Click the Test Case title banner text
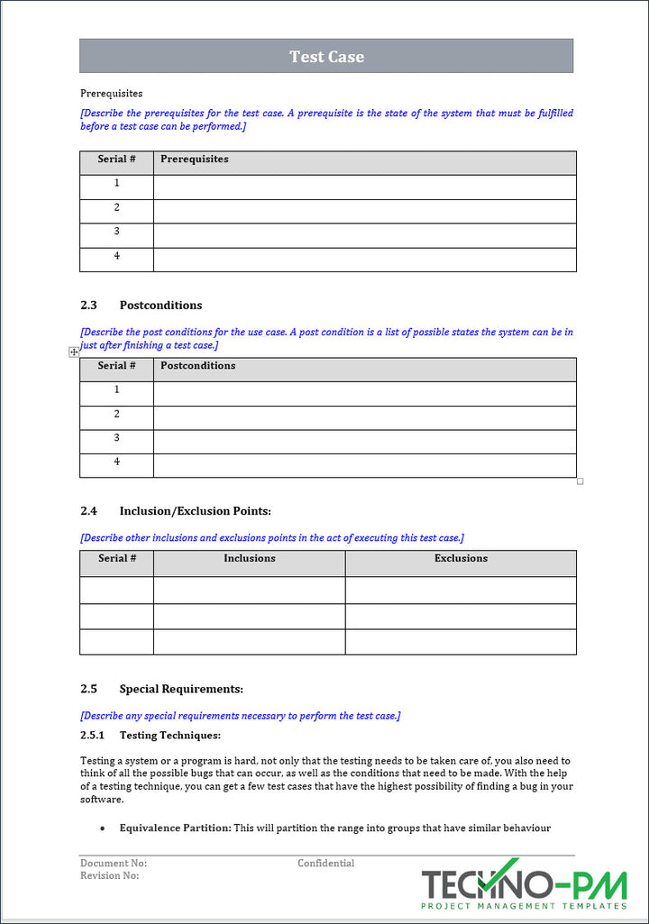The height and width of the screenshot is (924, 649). (326, 56)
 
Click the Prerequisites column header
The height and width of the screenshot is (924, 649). (194, 160)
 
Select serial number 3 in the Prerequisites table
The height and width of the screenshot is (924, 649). (116, 232)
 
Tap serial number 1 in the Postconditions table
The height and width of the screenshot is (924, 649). (116, 390)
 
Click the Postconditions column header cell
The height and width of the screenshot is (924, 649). (197, 366)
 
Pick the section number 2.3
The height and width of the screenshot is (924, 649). (88, 306)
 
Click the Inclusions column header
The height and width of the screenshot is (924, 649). (250, 559)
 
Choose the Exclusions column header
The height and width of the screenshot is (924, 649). (461, 559)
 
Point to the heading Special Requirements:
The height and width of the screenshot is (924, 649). (181, 690)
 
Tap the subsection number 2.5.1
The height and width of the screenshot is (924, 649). (93, 736)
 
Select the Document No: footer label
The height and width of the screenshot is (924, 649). (114, 864)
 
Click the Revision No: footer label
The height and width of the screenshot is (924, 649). (110, 875)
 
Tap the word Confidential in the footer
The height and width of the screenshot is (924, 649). (325, 864)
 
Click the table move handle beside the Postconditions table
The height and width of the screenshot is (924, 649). (74, 352)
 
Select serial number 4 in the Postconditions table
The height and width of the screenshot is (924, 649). (116, 462)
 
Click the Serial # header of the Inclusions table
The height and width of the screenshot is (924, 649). (116, 559)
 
